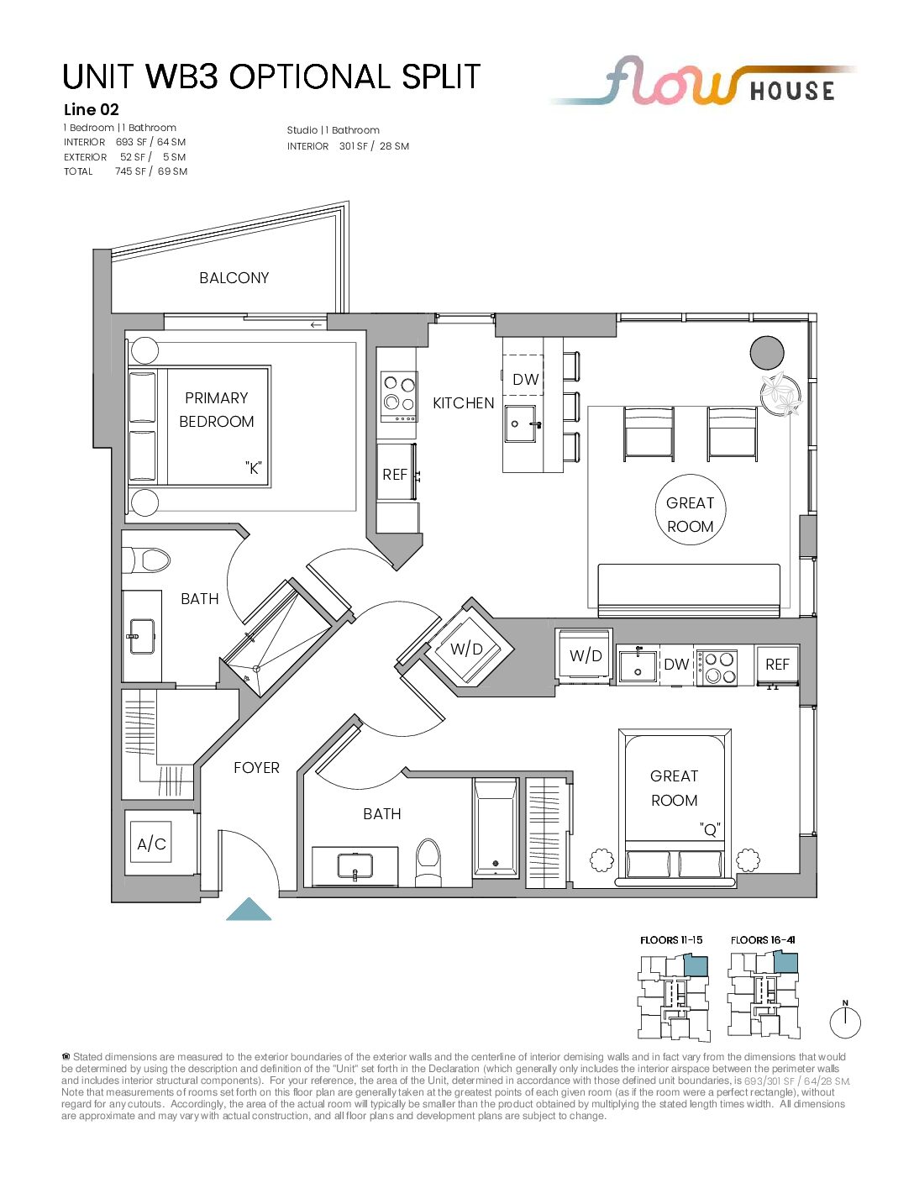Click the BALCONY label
234,278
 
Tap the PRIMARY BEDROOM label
217,409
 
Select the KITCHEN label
463,403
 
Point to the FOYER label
256,768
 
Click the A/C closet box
151,844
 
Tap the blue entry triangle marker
249,908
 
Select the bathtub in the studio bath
495,828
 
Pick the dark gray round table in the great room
766,353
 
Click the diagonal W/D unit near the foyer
468,649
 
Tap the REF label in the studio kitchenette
777,665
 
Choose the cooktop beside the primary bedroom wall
399,397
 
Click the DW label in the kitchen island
525,380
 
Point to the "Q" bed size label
710,829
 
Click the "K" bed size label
253,468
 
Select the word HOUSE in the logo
792,91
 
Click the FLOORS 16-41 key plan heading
764,940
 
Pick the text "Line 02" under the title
91,110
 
